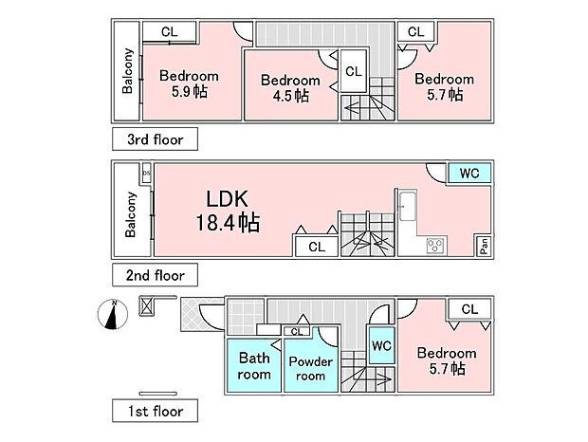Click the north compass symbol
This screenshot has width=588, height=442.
click(113, 314)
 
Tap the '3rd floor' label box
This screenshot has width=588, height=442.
click(155, 139)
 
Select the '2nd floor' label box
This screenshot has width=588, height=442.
click(155, 275)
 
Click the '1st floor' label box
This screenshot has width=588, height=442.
click(155, 411)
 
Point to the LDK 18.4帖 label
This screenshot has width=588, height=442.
click(228, 211)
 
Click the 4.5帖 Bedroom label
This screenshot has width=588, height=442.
click(290, 88)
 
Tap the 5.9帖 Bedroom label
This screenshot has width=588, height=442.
click(189, 83)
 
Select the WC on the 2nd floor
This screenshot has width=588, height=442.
click(469, 174)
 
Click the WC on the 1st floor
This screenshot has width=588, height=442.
click(381, 345)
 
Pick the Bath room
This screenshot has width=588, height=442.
click(254, 366)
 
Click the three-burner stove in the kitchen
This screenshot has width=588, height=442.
click(435, 246)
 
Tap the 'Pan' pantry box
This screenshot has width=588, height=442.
click(484, 246)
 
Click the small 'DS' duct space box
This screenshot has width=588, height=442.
click(147, 174)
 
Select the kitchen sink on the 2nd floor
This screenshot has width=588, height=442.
click(408, 206)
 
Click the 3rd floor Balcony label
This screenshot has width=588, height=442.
click(127, 70)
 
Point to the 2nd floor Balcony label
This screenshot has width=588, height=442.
click(130, 214)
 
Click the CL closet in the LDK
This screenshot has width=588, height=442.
click(317, 247)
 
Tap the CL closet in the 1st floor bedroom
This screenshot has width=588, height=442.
click(469, 309)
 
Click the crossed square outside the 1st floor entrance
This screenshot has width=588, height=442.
click(146, 306)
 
